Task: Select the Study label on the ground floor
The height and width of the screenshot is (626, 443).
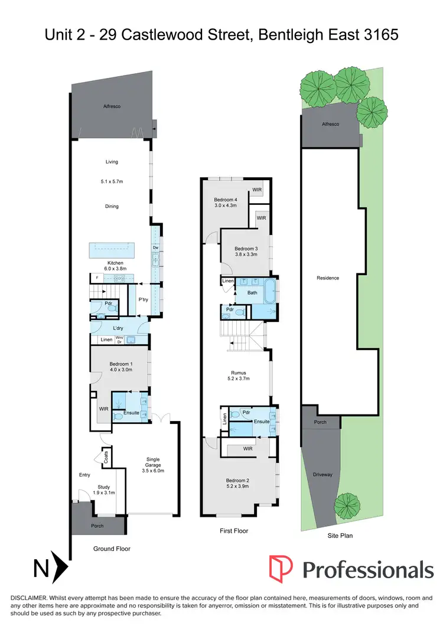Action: point(103,487)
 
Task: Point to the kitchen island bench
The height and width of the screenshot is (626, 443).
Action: point(111,250)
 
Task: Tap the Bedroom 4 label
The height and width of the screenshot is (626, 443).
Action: point(225,200)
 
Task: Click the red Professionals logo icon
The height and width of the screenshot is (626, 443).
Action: point(281,568)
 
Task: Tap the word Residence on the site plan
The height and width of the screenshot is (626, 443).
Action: point(328,278)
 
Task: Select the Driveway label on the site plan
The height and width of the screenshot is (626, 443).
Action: point(323,474)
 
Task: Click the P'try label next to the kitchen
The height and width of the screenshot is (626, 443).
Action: point(143,299)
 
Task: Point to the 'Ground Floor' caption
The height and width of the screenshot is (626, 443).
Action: point(112,549)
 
